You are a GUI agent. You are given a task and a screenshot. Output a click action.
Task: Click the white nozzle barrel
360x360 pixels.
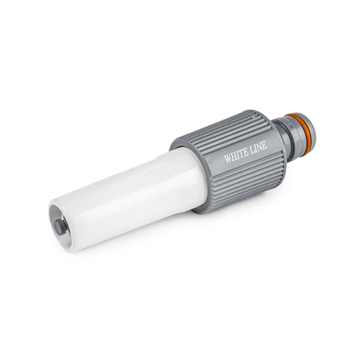coord(128,198)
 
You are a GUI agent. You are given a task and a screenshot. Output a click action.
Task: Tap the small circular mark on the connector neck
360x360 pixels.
coord(291,126)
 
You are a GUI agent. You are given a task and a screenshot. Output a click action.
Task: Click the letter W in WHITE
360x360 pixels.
coord(228,158)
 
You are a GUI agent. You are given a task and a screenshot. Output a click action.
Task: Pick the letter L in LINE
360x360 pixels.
coord(253,149)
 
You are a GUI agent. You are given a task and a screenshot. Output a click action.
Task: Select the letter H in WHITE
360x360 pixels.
coord(234,156)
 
